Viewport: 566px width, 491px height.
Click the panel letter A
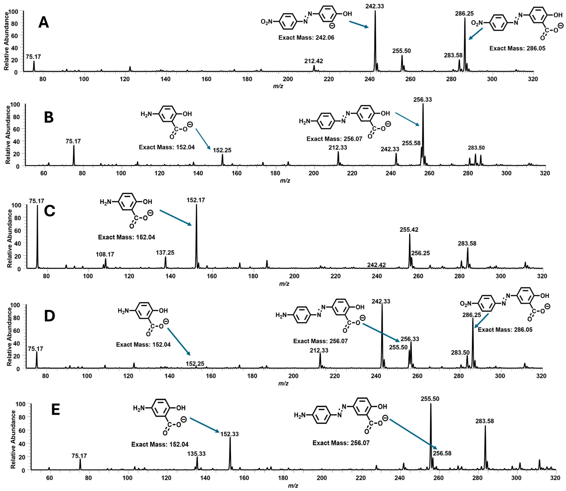click(44, 23)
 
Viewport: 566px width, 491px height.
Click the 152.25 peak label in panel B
click(222, 150)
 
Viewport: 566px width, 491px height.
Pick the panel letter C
click(50, 211)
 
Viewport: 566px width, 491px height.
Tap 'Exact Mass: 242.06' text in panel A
click(306, 37)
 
